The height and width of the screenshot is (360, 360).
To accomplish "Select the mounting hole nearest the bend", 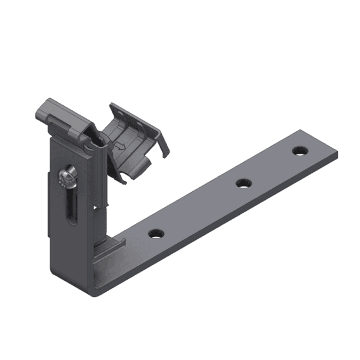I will tap(155, 234).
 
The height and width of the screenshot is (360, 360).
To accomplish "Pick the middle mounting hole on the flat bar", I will tap(242, 183).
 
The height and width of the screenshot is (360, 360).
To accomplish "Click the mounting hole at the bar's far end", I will tap(299, 150).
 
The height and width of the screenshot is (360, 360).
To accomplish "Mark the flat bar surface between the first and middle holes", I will tap(199, 209).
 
